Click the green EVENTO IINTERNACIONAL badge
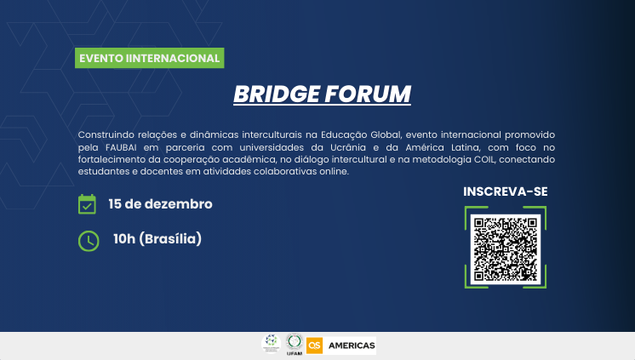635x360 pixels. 150,59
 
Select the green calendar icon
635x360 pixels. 87,204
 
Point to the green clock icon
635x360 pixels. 88,240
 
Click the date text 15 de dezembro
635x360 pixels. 160,204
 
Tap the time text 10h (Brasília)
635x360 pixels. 157,239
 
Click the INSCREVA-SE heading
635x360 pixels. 505,191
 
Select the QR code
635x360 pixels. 506,249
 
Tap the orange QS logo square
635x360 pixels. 315,344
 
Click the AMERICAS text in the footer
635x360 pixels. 352,345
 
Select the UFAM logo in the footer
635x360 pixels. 295,343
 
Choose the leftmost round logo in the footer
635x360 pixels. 271,343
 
